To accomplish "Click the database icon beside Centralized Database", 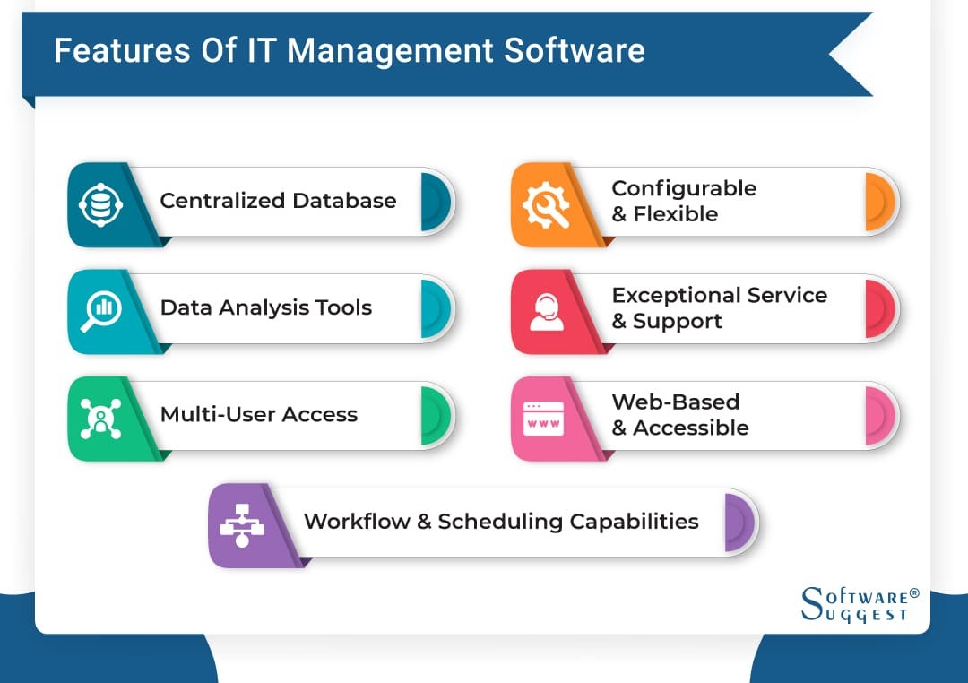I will tap(99, 204).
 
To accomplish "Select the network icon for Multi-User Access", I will tap(99, 418).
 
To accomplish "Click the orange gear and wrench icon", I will tap(543, 204).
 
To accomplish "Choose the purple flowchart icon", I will tap(241, 524).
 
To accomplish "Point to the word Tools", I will tap(342, 307).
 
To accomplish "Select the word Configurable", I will tap(684, 188).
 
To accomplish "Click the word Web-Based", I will tap(675, 402).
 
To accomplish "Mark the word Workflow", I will tap(356, 521).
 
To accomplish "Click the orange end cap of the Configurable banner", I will tap(879, 202).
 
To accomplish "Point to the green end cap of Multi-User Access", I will tap(435, 415).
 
